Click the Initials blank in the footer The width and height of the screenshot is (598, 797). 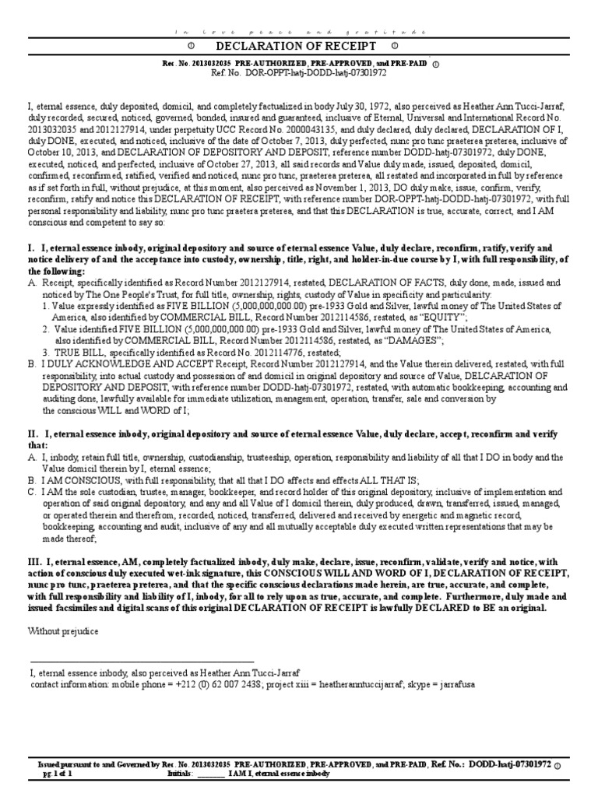click(x=211, y=774)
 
